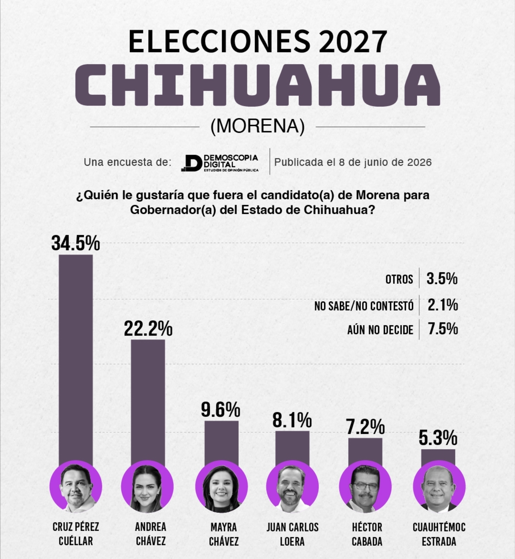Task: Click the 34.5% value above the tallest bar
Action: tap(76, 243)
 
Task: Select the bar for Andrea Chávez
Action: tap(148, 401)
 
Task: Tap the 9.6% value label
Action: tap(220, 409)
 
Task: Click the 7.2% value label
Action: tap(365, 427)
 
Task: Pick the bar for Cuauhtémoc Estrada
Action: tap(438, 458)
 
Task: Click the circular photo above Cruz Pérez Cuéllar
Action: tap(76, 487)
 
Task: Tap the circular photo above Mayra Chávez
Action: tap(222, 487)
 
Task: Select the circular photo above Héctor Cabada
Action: tap(365, 487)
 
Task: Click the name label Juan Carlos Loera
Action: tap(292, 534)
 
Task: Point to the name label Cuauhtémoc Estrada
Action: tap(439, 534)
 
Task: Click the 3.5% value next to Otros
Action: tap(442, 278)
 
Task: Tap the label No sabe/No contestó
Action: tap(364, 306)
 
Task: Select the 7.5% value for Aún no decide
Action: tap(443, 329)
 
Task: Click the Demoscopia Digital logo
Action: tap(220, 163)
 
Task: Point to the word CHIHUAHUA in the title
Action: tap(258, 85)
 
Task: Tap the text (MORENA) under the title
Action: tap(258, 126)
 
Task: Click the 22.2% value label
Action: tap(148, 329)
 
